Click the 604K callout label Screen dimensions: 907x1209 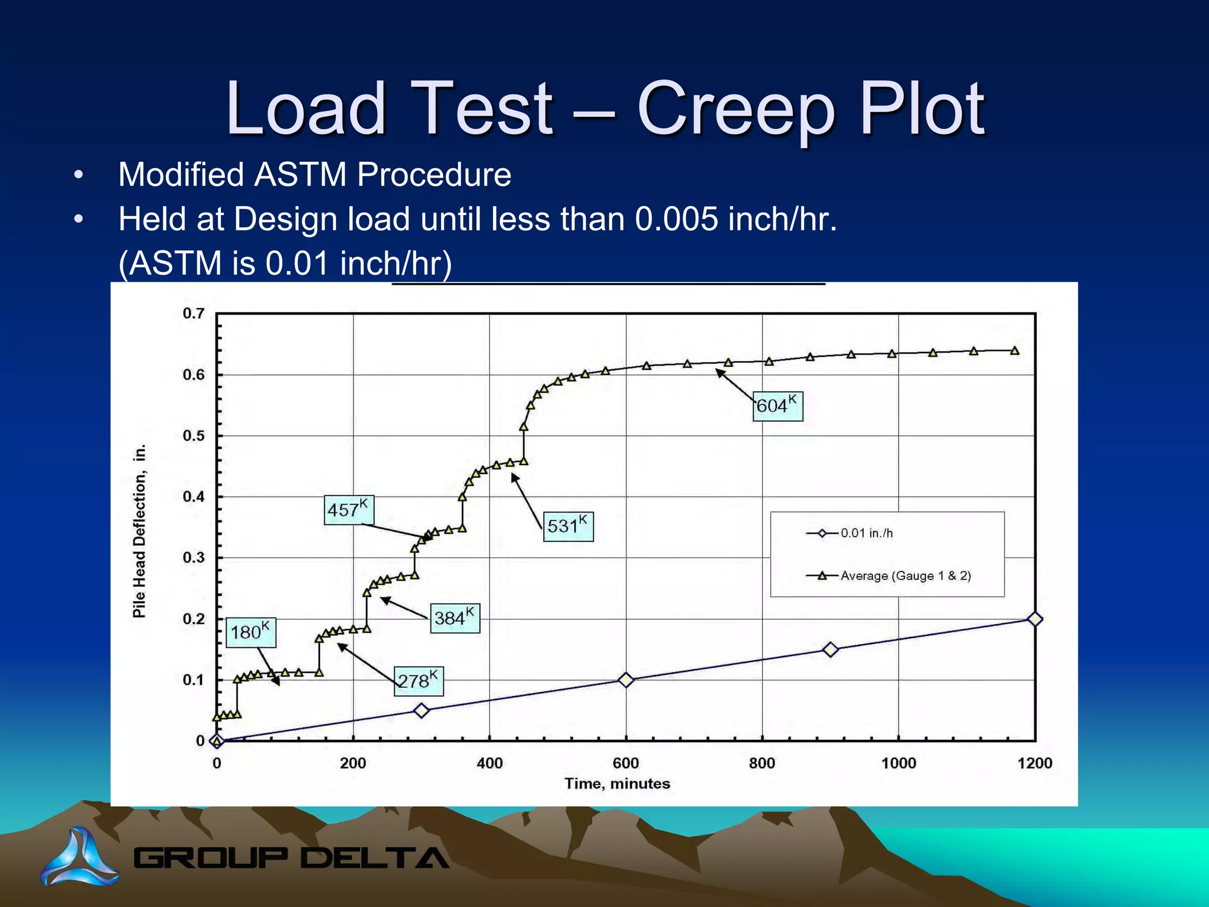click(x=778, y=406)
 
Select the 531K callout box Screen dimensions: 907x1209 click(x=568, y=526)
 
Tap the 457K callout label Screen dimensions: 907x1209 click(x=349, y=510)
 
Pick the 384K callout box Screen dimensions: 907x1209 click(x=455, y=618)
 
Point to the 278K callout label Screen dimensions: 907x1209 click(x=419, y=681)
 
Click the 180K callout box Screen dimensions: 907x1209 click(x=250, y=632)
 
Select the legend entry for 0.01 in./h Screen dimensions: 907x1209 click(x=850, y=533)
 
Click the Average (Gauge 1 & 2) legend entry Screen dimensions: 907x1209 click(x=889, y=576)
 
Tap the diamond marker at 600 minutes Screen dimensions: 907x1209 click(x=626, y=680)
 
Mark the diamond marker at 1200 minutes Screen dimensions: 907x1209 click(x=1034, y=619)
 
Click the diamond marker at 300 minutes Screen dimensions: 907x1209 click(x=421, y=710)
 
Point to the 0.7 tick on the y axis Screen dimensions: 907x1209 click(x=194, y=314)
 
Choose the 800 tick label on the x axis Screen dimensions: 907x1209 click(x=762, y=763)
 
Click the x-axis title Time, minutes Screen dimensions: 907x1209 click(x=617, y=784)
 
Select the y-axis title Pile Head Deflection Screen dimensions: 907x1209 click(x=139, y=531)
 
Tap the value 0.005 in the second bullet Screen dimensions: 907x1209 click(x=677, y=220)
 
